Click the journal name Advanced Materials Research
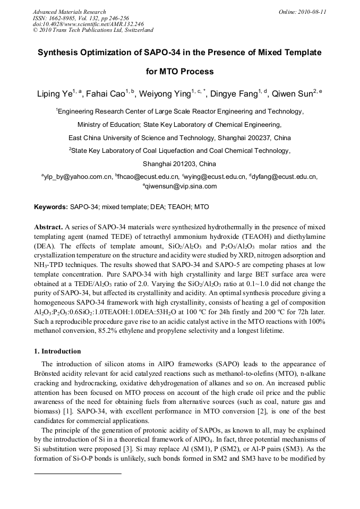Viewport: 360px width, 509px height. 69,11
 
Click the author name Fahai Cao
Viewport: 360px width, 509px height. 109,94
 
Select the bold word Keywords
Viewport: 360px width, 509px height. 51,206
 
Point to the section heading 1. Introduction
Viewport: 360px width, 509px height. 57,351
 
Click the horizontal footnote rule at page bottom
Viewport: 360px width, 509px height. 78,473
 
